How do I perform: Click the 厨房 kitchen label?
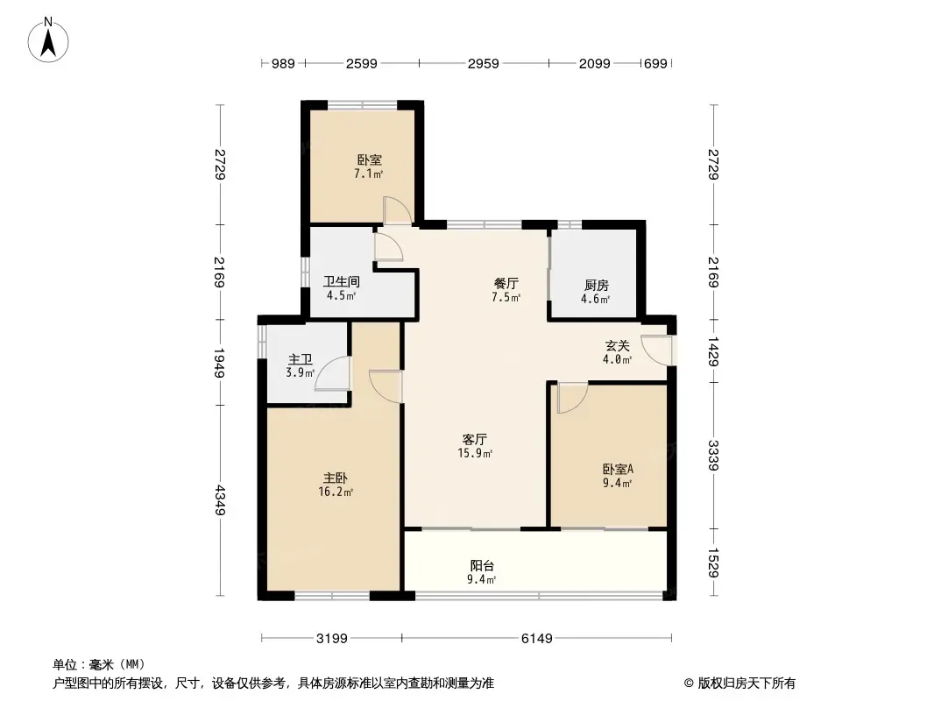click(597, 285)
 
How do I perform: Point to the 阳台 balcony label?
click(482, 566)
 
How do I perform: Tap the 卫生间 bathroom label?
click(341, 282)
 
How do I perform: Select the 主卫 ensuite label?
click(301, 359)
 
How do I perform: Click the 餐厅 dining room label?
click(506, 283)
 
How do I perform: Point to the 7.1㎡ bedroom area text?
click(368, 174)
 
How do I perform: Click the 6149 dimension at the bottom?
click(536, 639)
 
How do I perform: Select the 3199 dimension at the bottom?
click(332, 639)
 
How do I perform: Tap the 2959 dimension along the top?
click(483, 63)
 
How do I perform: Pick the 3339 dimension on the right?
click(713, 456)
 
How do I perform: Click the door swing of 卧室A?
click(570, 398)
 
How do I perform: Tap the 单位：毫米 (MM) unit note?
click(98, 665)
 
